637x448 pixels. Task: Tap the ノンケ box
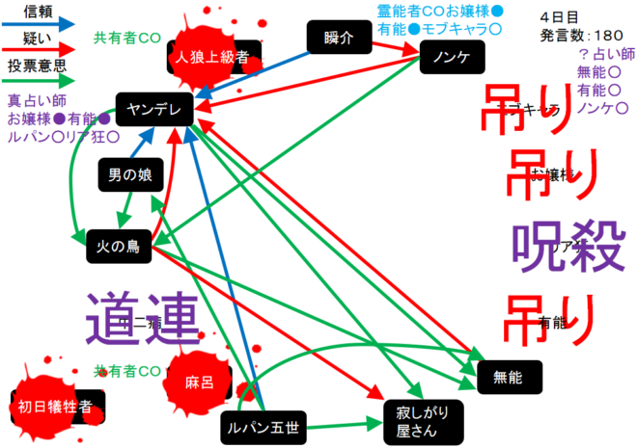(x=452, y=59)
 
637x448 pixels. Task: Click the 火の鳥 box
(x=118, y=247)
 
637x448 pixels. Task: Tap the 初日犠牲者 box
(x=56, y=407)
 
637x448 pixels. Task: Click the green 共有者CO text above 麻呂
(x=126, y=370)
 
